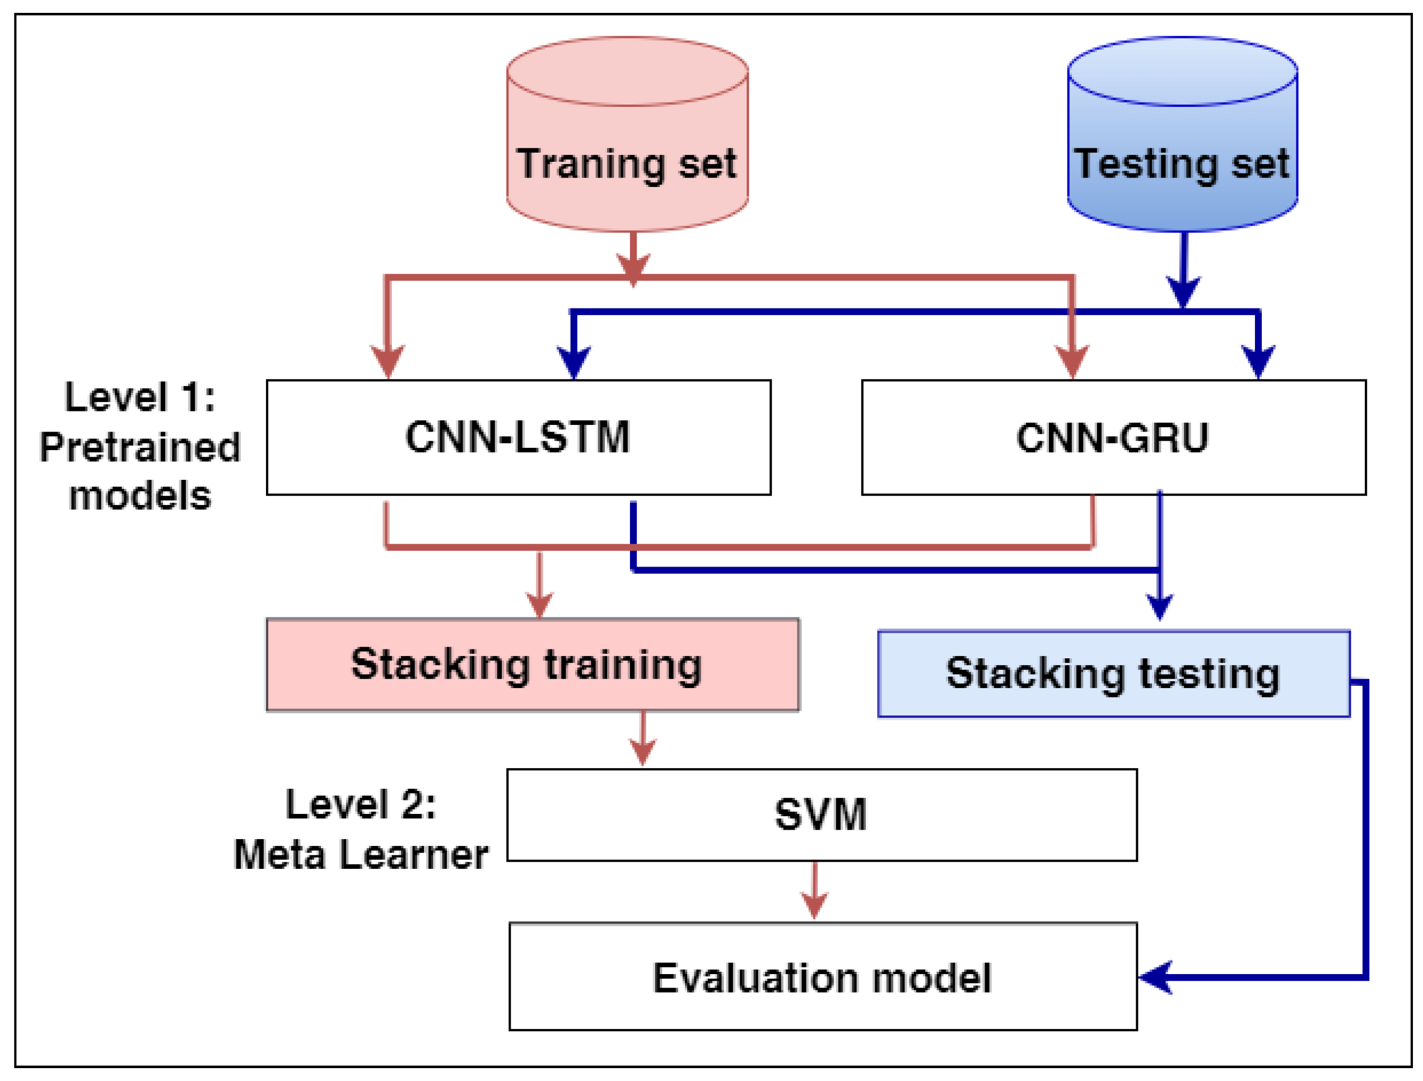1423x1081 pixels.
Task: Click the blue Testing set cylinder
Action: pos(1182,135)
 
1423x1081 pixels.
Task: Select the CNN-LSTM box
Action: pos(518,438)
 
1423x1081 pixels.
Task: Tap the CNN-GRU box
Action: pos(1113,438)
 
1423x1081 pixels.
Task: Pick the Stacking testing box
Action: pos(1113,673)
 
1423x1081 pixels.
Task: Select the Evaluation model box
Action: pos(822,977)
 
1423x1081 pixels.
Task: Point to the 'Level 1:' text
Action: pos(139,397)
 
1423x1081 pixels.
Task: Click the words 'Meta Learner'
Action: pos(361,855)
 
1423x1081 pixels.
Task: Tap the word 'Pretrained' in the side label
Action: pos(139,447)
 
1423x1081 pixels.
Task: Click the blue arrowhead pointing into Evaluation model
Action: pos(1155,977)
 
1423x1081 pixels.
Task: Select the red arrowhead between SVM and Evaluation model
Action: pos(814,905)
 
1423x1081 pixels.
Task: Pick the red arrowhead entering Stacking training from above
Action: pos(539,605)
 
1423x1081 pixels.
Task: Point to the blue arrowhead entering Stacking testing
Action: pos(1159,606)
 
